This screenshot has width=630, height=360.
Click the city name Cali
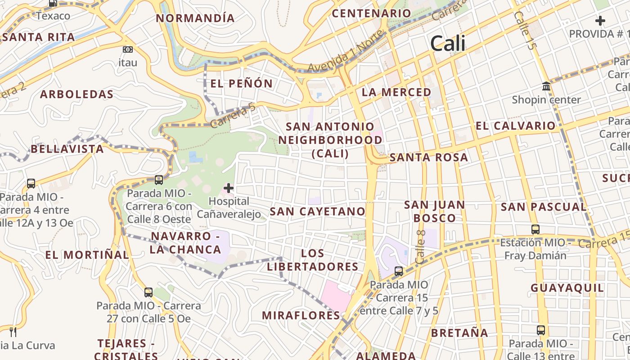[448, 44]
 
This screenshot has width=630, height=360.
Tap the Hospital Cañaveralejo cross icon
[229, 188]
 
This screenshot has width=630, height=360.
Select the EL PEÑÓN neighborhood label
[242, 84]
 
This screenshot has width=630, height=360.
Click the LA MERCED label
[396, 92]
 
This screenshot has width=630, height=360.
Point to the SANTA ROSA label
[428, 157]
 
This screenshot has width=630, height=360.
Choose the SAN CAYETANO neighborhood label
[317, 211]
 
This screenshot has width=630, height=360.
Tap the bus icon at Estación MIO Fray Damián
[535, 229]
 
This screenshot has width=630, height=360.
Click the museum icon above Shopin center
[546, 86]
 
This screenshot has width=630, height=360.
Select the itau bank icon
[128, 49]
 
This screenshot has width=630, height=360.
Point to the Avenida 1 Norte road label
[346, 51]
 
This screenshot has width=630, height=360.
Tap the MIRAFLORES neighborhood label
[301, 315]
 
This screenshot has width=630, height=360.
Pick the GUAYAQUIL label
[567, 288]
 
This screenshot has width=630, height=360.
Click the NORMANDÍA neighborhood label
[195, 18]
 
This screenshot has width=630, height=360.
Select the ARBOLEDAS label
[76, 94]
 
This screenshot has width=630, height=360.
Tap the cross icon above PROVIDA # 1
[600, 21]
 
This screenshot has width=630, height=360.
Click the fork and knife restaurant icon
[13, 332]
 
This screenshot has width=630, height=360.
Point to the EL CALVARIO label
[515, 126]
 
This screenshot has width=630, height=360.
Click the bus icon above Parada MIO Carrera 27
[148, 292]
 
